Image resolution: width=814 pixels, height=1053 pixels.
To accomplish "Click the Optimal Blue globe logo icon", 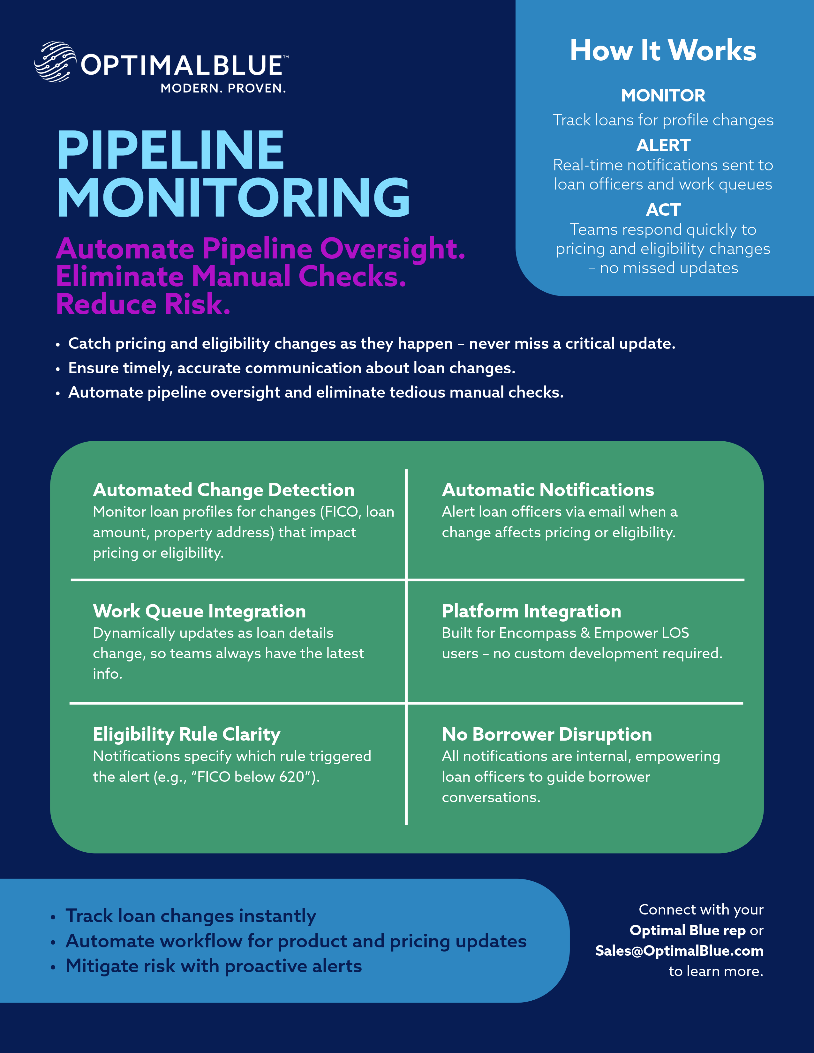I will click(x=55, y=62).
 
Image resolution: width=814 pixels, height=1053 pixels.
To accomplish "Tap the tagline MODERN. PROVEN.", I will click(x=223, y=88).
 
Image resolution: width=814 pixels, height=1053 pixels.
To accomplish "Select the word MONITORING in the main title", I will click(x=233, y=198).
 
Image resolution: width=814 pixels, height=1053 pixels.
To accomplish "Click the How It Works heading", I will click(x=663, y=51).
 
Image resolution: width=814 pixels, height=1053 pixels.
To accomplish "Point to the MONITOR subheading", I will click(x=663, y=95).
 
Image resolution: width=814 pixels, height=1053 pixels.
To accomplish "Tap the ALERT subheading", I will click(x=663, y=145).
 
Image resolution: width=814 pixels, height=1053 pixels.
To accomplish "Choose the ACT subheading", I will click(x=663, y=210).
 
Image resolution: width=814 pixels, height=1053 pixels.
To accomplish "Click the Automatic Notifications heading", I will click(x=548, y=490).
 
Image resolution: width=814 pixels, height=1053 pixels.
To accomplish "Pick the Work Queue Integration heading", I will click(x=199, y=611).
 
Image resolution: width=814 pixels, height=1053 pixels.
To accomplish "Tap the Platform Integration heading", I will click(x=531, y=611).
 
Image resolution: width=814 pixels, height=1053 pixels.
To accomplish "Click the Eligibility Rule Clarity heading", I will click(x=187, y=734).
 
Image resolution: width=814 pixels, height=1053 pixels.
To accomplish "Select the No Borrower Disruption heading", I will click(x=547, y=734).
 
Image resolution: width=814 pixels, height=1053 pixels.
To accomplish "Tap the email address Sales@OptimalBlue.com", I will click(x=679, y=951).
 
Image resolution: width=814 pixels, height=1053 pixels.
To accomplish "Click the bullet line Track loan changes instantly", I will click(x=191, y=916).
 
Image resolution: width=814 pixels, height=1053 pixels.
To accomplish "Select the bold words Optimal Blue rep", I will click(x=687, y=930).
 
